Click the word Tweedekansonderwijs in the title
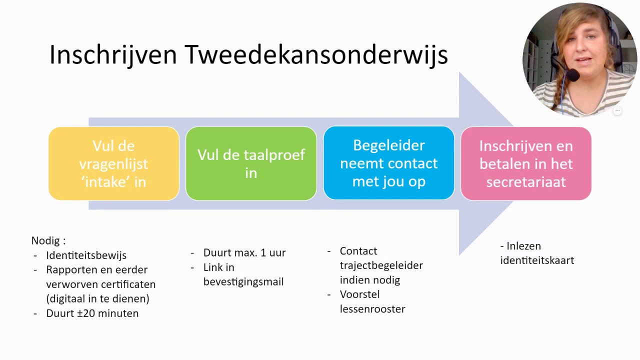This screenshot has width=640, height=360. click(316, 54)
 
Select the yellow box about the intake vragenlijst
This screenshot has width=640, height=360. click(113, 163)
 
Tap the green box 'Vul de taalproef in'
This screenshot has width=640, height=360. click(251, 163)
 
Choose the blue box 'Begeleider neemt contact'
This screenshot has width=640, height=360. click(388, 163)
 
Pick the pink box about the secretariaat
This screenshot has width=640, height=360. click(526, 163)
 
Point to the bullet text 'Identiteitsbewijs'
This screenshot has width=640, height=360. click(86, 255)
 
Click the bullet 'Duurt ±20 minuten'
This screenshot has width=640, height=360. click(92, 313)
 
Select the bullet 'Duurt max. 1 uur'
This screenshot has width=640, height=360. click(244, 252)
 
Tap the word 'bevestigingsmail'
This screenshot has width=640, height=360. click(243, 281)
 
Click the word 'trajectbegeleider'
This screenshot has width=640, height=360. click(381, 265)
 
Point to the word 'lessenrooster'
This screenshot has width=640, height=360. click(372, 309)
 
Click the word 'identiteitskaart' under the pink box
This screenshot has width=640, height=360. click(537, 260)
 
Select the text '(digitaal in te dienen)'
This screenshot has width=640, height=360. click(97, 298)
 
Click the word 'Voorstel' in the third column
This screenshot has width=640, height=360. click(359, 294)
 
